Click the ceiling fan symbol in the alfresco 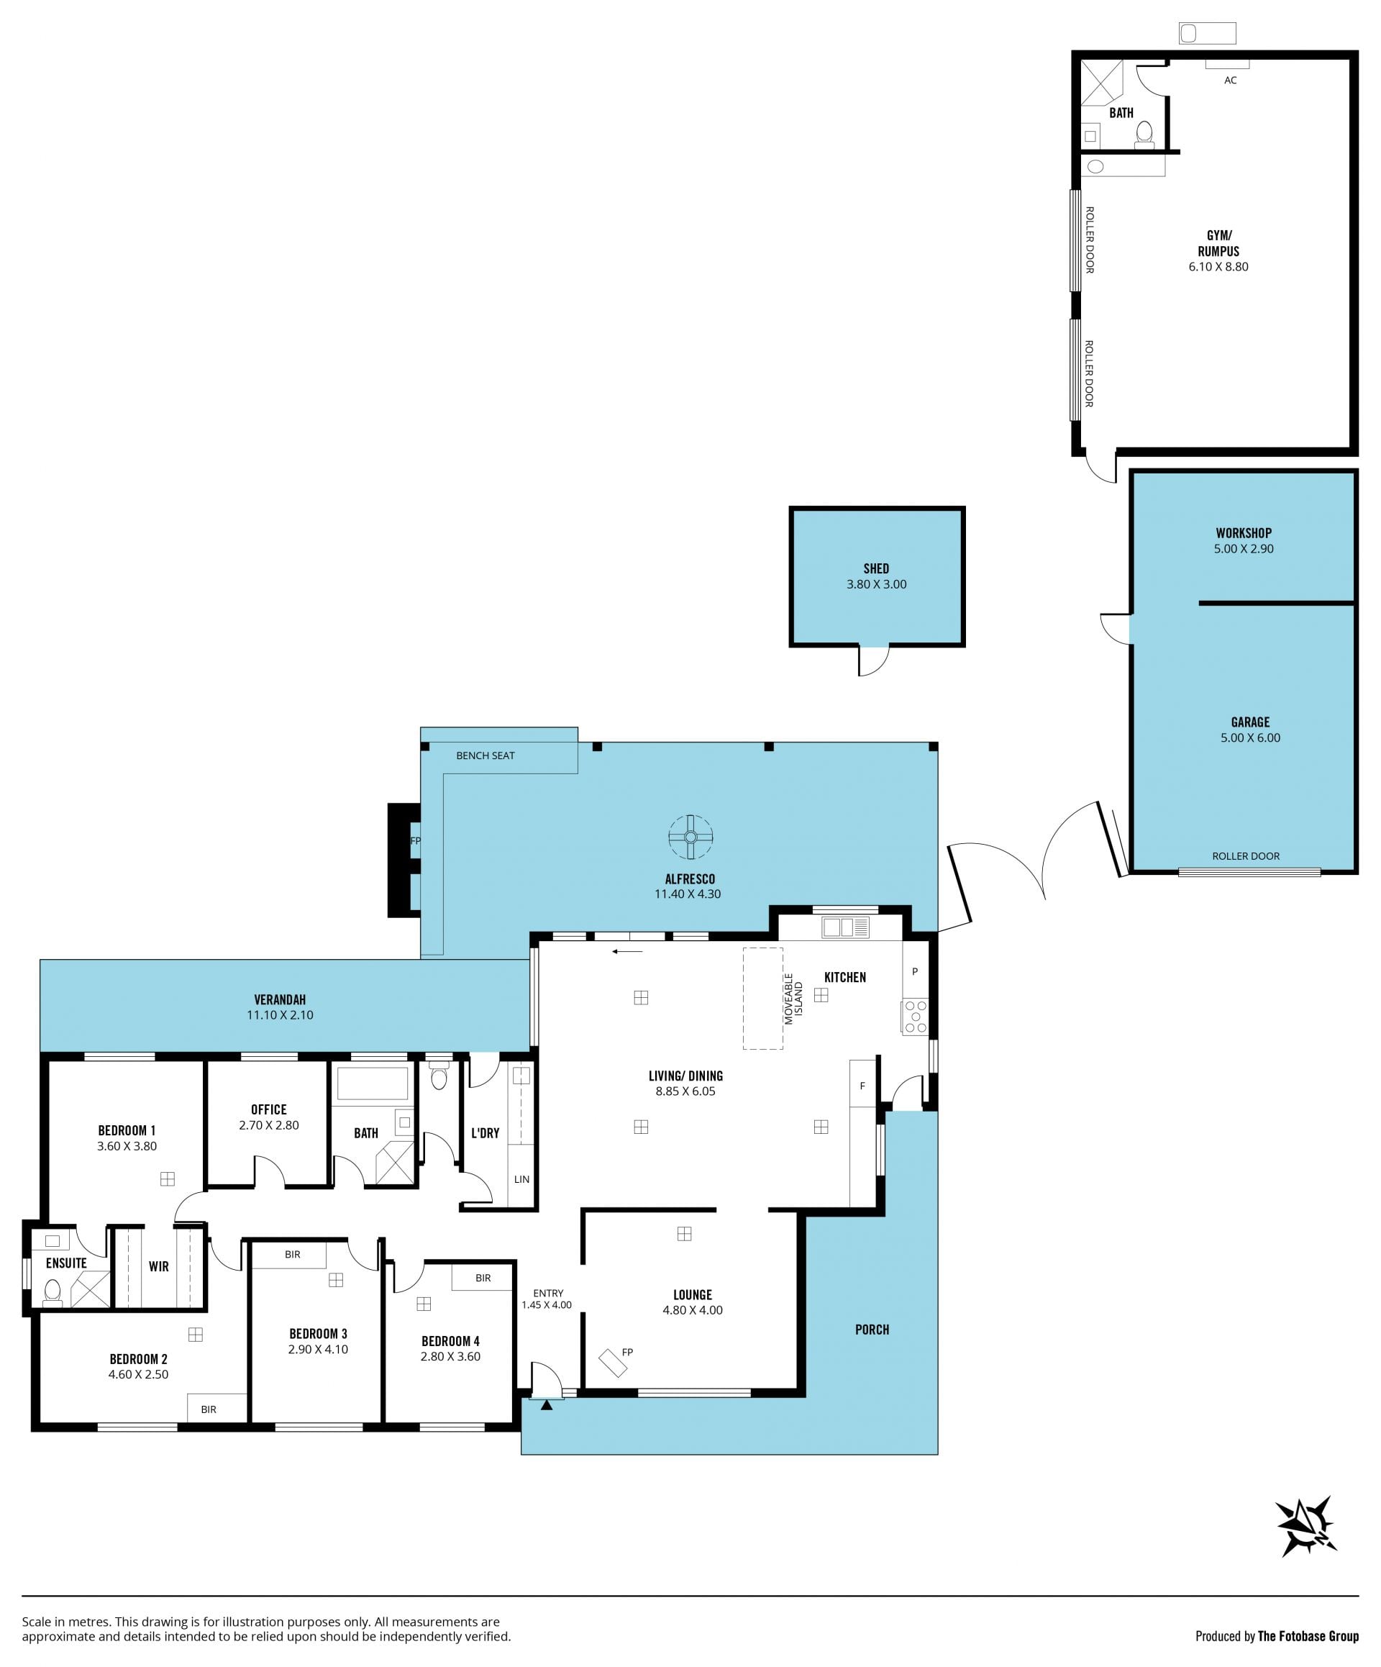point(690,837)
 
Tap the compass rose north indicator point(1305,1527)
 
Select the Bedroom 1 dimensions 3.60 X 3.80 point(127,1145)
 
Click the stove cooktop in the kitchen point(914,1016)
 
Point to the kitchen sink point(846,927)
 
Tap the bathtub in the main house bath point(373,1083)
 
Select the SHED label point(876,568)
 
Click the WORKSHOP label point(1244,532)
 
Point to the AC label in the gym point(1230,80)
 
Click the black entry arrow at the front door point(546,1406)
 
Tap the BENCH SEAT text point(485,755)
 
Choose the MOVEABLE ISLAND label point(793,999)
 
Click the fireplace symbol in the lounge point(614,1363)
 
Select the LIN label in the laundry point(521,1178)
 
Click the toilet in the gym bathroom point(1144,134)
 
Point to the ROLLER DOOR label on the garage point(1246,855)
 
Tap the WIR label point(159,1267)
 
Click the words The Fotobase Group point(1308,1636)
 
